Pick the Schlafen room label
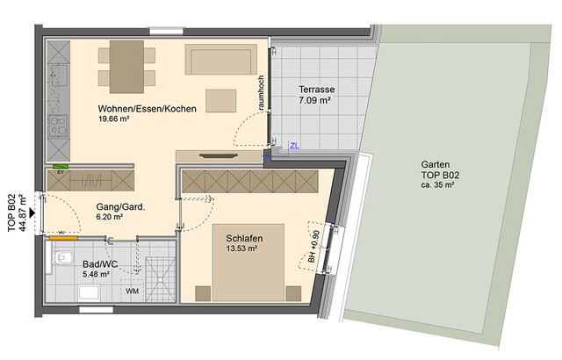point(244,237)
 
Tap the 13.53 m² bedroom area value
point(241,249)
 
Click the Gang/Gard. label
point(120,207)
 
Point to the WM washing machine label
point(132,290)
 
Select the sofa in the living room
point(220,60)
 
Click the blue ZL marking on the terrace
point(294,145)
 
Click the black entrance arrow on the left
point(32,212)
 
